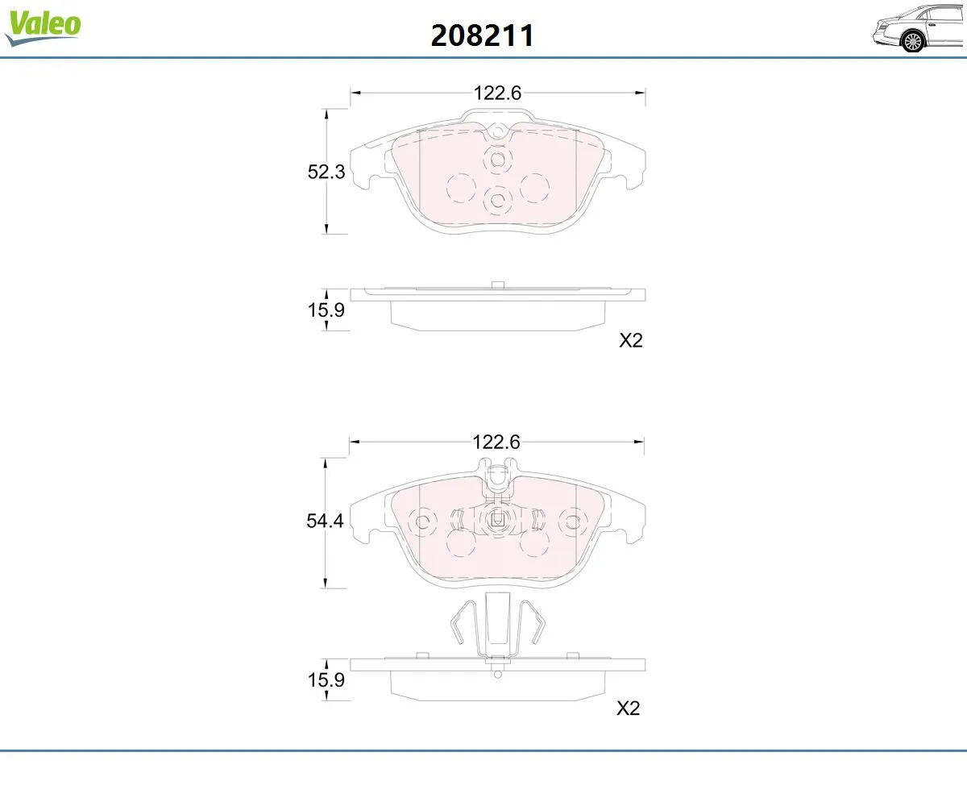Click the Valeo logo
coord(43,27)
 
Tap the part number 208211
coord(482,35)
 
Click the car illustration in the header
coord(919,29)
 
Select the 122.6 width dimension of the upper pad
coord(497,93)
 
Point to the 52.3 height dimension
coord(326,172)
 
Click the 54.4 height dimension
coord(325,521)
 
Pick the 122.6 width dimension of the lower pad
coord(496,442)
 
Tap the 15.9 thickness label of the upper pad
coord(326,310)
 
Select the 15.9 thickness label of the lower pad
coord(326,680)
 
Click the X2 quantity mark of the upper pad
coord(631,340)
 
